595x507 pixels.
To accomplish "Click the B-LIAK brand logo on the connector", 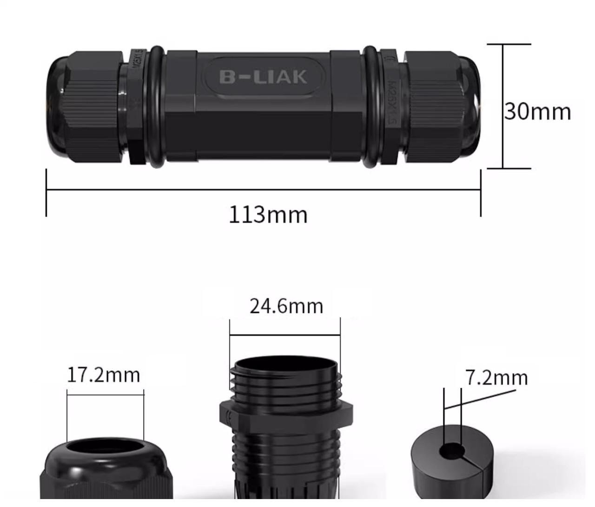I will tap(263, 77).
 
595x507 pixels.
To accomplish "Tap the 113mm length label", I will tap(268, 215).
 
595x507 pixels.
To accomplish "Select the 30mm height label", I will tap(538, 112).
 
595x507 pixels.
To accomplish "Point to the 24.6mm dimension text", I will tap(286, 306).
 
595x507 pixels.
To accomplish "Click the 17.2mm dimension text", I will tap(103, 375).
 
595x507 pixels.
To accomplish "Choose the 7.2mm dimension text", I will tap(496, 377).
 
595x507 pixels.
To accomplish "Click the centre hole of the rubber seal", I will tap(452, 451).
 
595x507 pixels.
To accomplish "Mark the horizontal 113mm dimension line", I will tap(263, 190).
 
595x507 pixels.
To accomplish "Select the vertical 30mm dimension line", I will tap(503, 106).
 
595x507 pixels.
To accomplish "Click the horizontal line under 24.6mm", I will tap(284, 334).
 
